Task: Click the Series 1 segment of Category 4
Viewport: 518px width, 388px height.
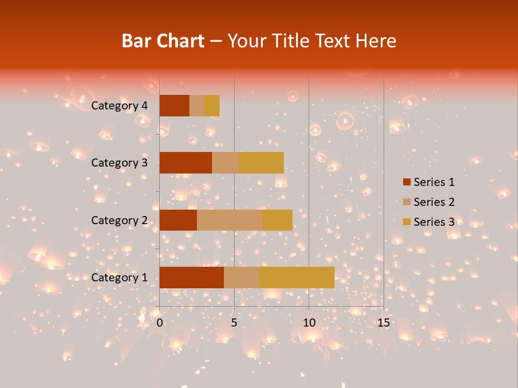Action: click(x=174, y=106)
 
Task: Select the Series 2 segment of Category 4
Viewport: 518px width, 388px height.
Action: click(x=197, y=106)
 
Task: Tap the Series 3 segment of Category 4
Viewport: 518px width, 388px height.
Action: click(x=212, y=106)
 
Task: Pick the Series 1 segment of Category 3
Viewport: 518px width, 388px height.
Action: click(x=186, y=163)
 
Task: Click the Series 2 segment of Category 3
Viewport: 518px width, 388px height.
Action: click(x=226, y=163)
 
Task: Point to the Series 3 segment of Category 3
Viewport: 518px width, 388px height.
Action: click(x=261, y=163)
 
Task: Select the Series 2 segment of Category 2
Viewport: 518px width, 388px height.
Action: click(x=229, y=220)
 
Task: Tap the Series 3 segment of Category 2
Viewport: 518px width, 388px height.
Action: click(x=277, y=220)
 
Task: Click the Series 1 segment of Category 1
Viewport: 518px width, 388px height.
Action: click(x=192, y=278)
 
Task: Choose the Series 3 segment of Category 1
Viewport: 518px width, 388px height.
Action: click(x=297, y=278)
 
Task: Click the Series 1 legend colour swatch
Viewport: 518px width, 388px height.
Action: click(x=406, y=182)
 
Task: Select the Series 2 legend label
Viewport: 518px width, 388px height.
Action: click(x=434, y=202)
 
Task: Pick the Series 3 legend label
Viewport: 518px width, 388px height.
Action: click(x=434, y=222)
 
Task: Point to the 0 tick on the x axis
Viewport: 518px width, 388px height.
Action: click(x=160, y=323)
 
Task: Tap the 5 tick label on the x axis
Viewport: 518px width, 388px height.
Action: click(x=234, y=323)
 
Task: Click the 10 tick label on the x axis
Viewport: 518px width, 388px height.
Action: click(x=309, y=323)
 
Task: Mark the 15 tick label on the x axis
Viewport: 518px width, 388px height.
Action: click(x=383, y=323)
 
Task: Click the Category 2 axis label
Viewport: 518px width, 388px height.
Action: click(x=119, y=220)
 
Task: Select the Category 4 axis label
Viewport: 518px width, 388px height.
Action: click(x=119, y=106)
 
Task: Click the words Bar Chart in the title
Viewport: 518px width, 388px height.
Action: click(x=163, y=41)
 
